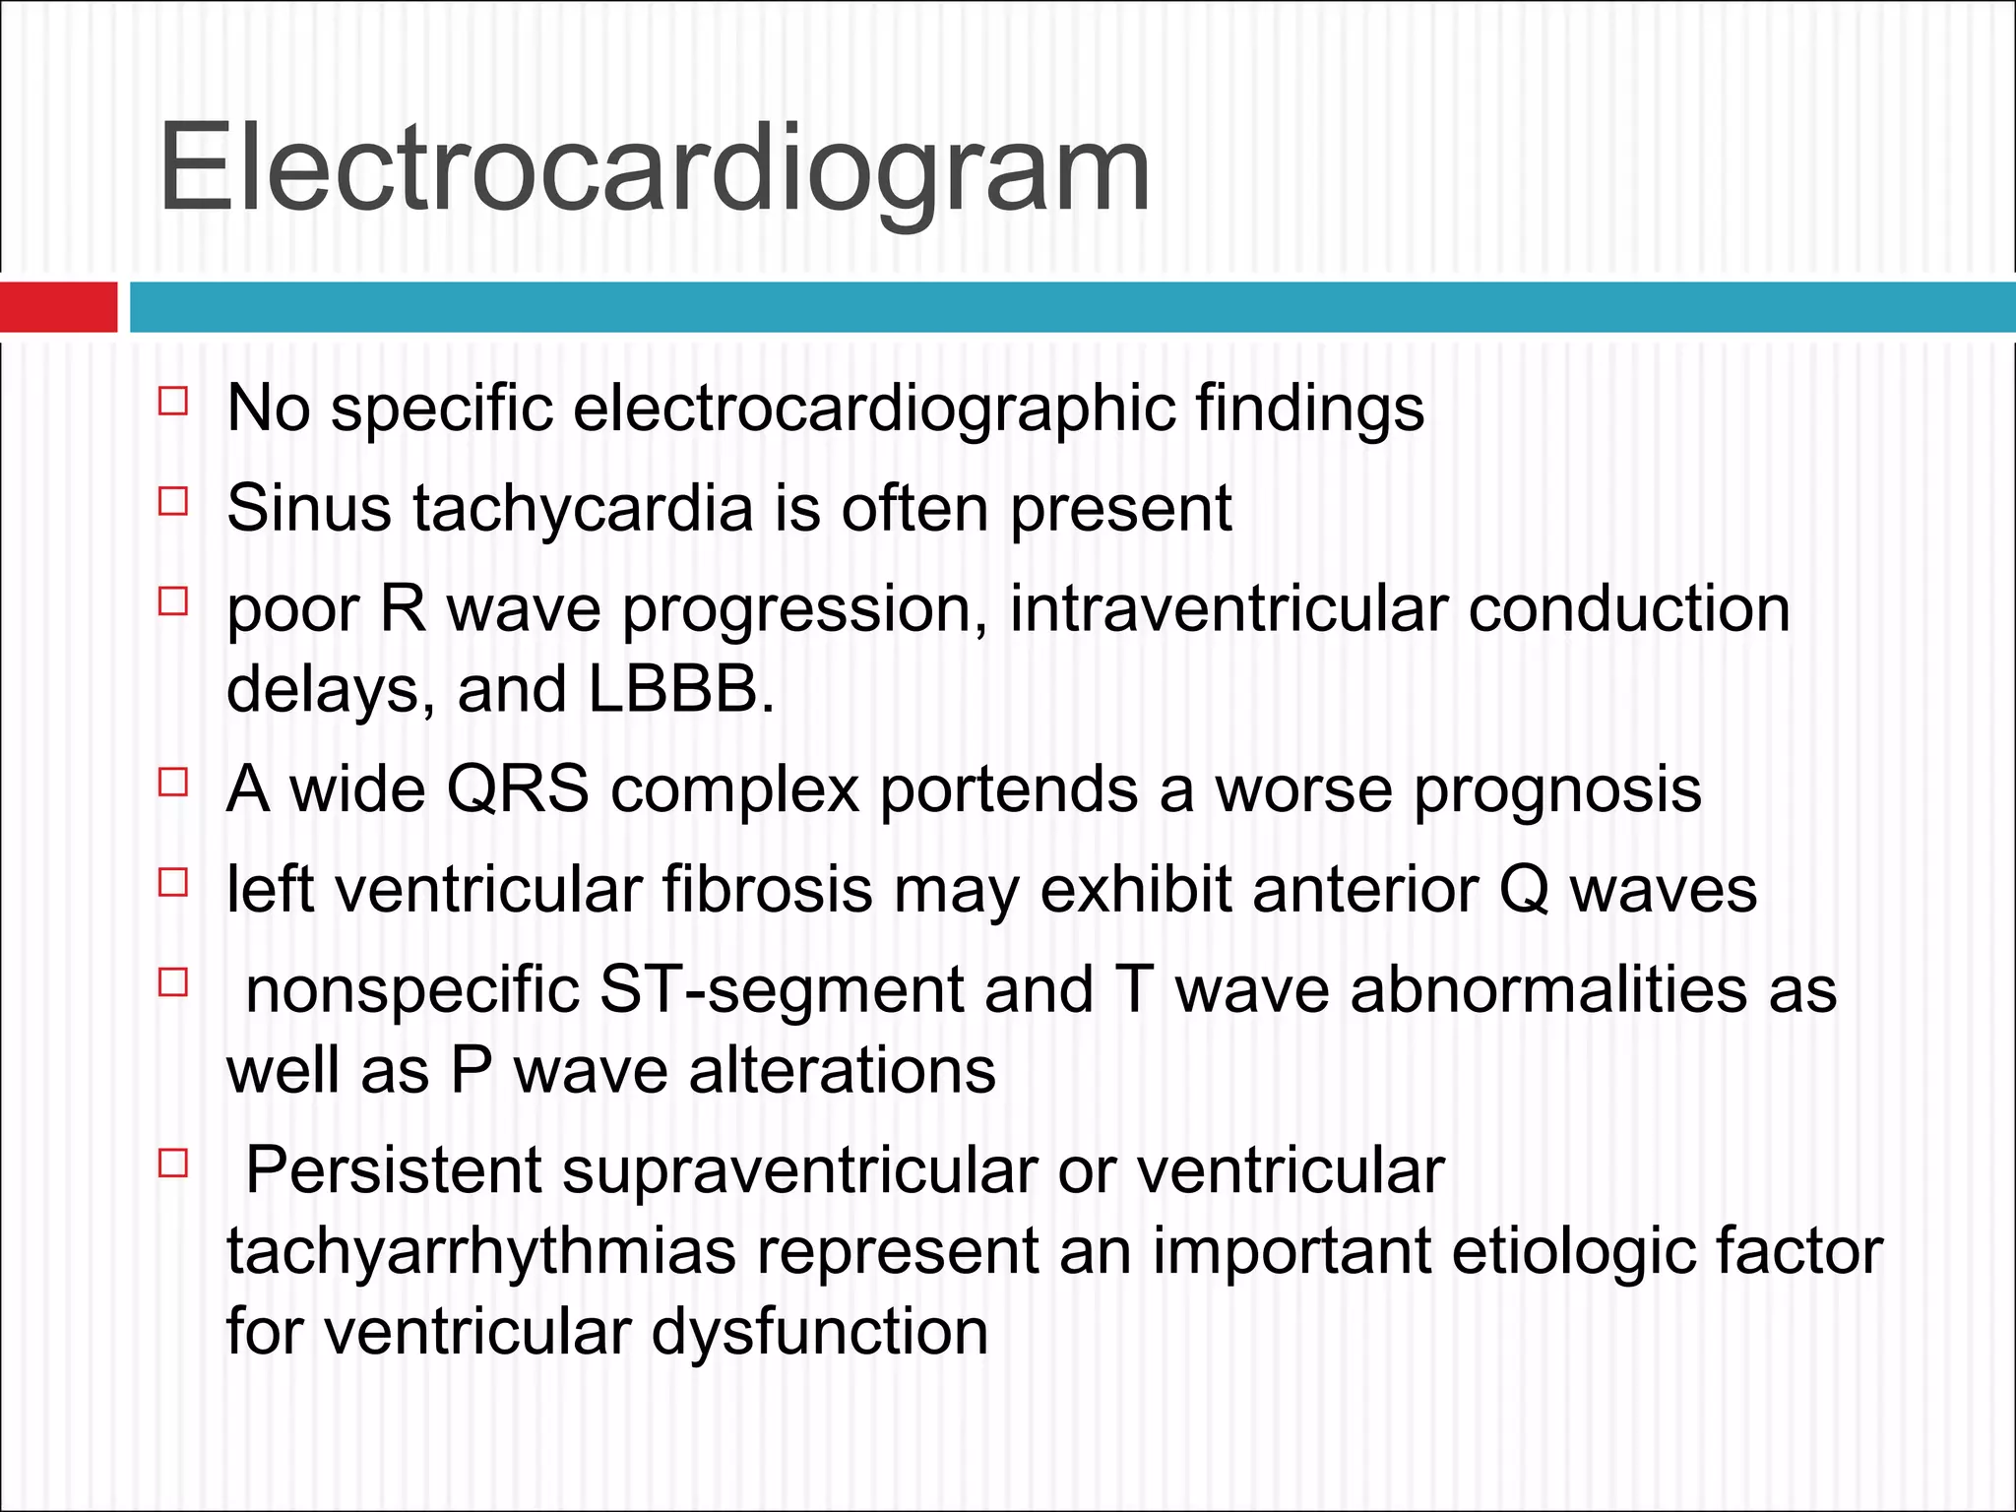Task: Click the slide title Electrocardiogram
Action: coord(654,167)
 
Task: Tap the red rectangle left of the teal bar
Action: coord(58,306)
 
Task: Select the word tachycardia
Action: coord(583,509)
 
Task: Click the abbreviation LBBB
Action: coord(680,688)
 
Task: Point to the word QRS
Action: coord(518,788)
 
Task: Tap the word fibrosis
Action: coord(767,889)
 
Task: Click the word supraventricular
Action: coord(799,1171)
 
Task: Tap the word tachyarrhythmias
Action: coord(481,1251)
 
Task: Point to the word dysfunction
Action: coord(820,1332)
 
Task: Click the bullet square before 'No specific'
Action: coord(172,402)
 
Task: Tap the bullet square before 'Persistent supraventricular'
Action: coord(172,1165)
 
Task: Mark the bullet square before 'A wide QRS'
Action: coord(172,783)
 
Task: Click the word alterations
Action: coord(842,1070)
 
